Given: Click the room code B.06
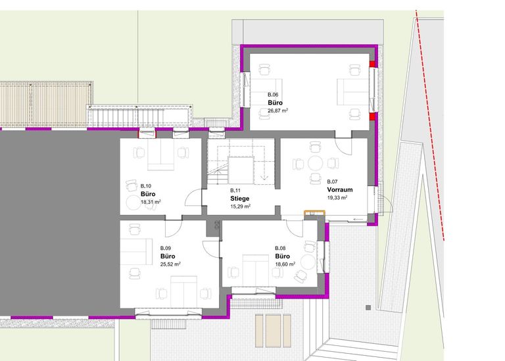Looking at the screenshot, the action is click(x=273, y=95).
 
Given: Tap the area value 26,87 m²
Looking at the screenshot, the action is click(x=277, y=110).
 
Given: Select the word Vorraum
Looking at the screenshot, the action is click(x=340, y=189).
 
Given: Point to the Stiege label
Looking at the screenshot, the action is click(x=239, y=199).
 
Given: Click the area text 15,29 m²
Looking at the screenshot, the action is click(x=240, y=206).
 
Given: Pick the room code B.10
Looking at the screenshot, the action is click(x=146, y=186).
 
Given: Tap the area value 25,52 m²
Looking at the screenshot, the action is click(x=170, y=264).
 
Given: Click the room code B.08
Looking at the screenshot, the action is click(x=280, y=249).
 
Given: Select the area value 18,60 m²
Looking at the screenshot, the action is click(x=285, y=264).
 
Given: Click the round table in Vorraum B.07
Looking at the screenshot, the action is click(x=316, y=163).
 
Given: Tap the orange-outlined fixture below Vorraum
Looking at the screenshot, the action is click(x=315, y=213).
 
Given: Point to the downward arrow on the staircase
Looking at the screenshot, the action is click(x=264, y=177).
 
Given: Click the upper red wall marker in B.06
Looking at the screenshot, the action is click(x=372, y=64).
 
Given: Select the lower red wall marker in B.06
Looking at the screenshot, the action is click(x=372, y=116).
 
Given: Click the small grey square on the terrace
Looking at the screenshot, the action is click(x=368, y=308).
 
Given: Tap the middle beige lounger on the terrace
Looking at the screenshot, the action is click(x=273, y=331).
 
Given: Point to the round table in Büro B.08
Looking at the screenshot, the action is click(x=308, y=262).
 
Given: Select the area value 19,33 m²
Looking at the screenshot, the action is click(x=337, y=198).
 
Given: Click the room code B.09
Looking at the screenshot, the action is click(x=166, y=249).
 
